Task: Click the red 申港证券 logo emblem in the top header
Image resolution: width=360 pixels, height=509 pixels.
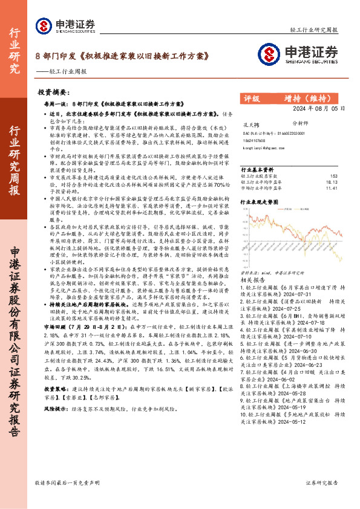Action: [x=44, y=25]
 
